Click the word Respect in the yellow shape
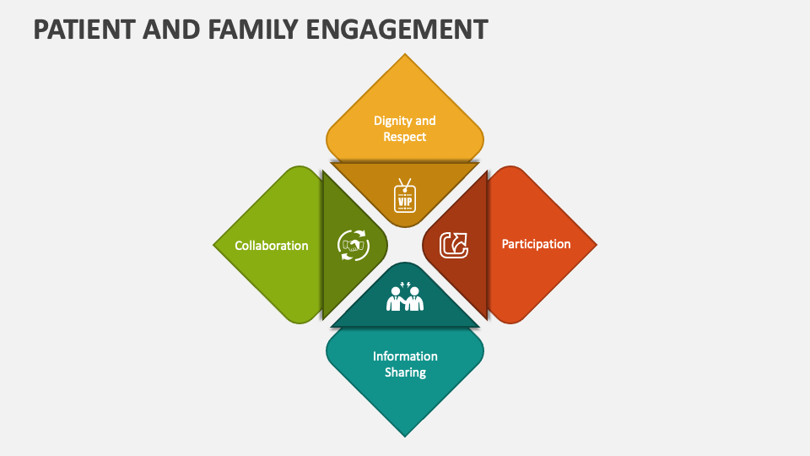click(x=405, y=137)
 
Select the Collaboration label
click(x=272, y=246)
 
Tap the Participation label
click(x=537, y=244)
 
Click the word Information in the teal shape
click(x=405, y=356)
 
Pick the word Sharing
click(x=405, y=372)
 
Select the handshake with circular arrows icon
click(x=353, y=245)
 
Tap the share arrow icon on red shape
click(x=455, y=245)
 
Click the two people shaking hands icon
click(x=405, y=296)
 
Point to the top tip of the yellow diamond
click(x=405, y=56)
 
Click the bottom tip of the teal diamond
click(x=405, y=435)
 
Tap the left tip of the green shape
click(x=214, y=245)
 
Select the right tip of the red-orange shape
click(x=596, y=245)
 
